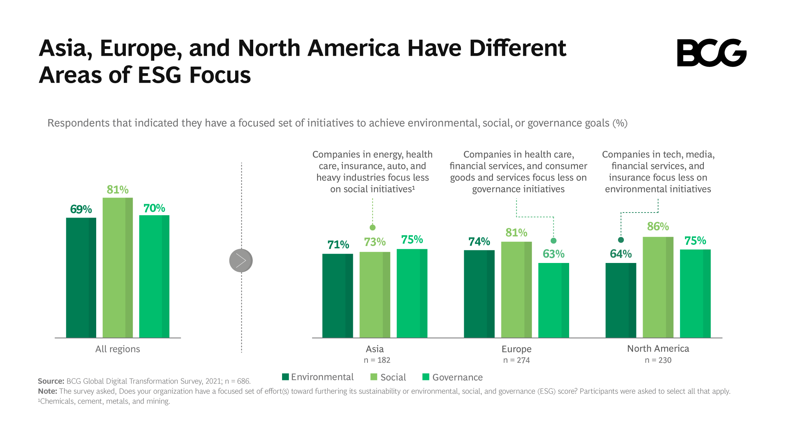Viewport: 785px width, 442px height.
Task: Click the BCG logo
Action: click(711, 53)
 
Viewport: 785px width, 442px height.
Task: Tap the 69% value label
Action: click(81, 209)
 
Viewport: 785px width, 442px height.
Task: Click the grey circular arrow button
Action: click(241, 261)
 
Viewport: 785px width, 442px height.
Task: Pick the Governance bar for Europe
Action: click(553, 300)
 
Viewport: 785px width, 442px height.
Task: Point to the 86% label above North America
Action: click(658, 226)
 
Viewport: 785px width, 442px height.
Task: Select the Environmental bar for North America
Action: click(621, 300)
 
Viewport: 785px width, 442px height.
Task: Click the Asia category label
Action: click(374, 349)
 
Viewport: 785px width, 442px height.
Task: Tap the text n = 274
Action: click(516, 360)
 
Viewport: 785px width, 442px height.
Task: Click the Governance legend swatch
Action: click(426, 377)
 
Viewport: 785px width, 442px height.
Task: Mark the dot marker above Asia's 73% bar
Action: click(372, 228)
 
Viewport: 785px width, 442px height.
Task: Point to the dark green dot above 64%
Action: click(621, 240)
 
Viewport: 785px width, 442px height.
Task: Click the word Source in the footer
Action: click(51, 381)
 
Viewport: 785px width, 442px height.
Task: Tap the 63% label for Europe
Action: click(553, 254)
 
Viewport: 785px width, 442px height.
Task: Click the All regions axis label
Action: click(118, 349)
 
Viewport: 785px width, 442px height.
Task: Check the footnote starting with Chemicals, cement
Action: click(104, 401)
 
